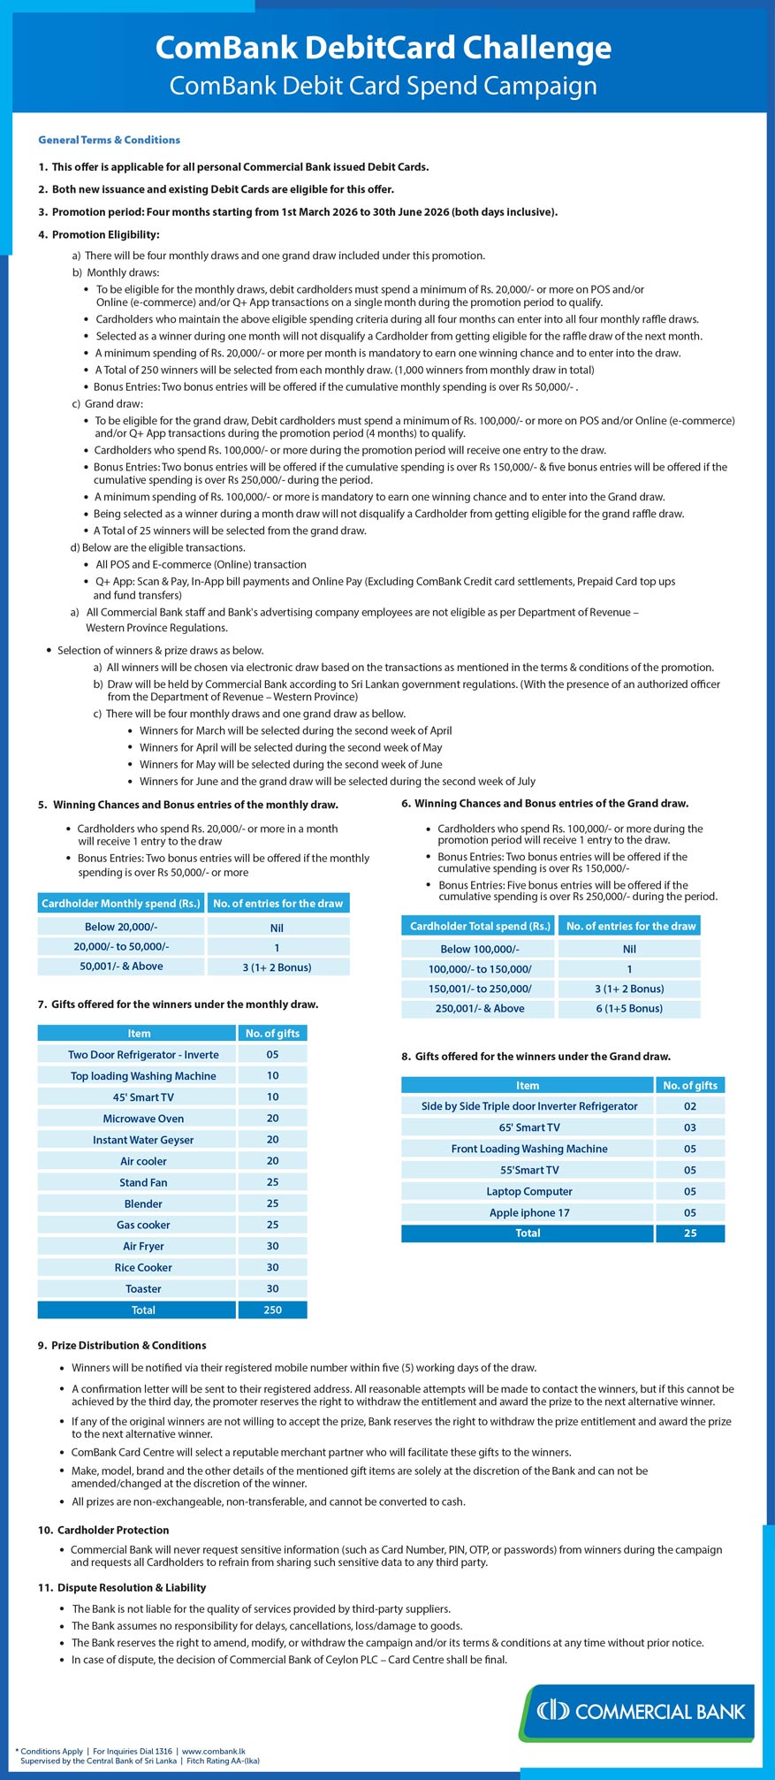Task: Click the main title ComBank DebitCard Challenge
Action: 383,48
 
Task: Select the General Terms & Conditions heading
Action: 109,140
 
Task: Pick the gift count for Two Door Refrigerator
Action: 272,1055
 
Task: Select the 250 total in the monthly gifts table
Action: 272,1310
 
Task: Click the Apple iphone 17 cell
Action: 528,1212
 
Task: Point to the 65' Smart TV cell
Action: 528,1127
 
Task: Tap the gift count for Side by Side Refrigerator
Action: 690,1106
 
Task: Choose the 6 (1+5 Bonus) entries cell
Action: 629,1008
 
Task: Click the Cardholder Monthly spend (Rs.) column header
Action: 121,903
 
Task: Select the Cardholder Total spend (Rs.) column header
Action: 480,926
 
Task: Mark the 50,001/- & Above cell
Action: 121,966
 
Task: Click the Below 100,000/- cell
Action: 480,949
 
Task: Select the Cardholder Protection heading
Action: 112,1530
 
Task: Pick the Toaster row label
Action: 143,1288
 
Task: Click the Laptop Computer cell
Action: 528,1191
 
